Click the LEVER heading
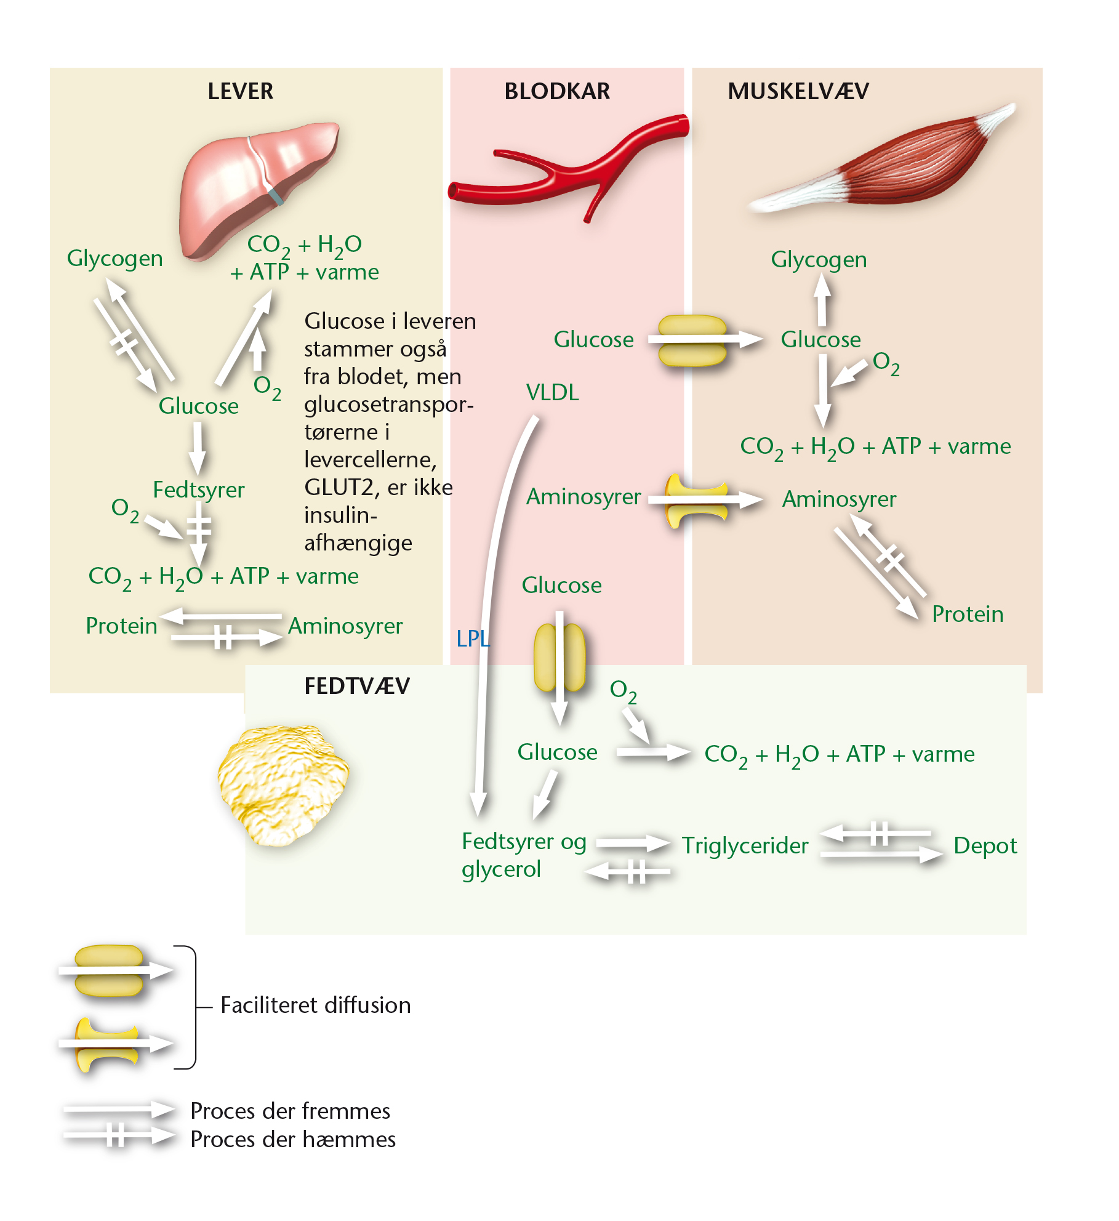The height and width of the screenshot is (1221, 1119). click(240, 91)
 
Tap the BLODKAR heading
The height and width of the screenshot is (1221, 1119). click(557, 91)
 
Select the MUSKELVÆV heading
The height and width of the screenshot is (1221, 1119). click(798, 91)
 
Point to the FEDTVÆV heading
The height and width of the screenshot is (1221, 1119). click(357, 686)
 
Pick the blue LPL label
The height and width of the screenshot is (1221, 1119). click(473, 639)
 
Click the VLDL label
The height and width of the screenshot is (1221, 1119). click(552, 393)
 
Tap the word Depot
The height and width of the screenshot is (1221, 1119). click(985, 847)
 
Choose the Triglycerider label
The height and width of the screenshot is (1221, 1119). click(745, 847)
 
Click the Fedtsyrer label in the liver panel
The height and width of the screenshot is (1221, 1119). click(198, 491)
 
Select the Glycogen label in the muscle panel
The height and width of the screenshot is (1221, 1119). click(819, 260)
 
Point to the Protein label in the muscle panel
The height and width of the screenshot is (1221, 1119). click(968, 615)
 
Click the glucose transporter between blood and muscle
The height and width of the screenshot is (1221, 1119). click(692, 341)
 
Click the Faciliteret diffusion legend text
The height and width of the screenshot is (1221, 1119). click(315, 1005)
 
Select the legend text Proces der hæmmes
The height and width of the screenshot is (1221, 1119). click(293, 1140)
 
